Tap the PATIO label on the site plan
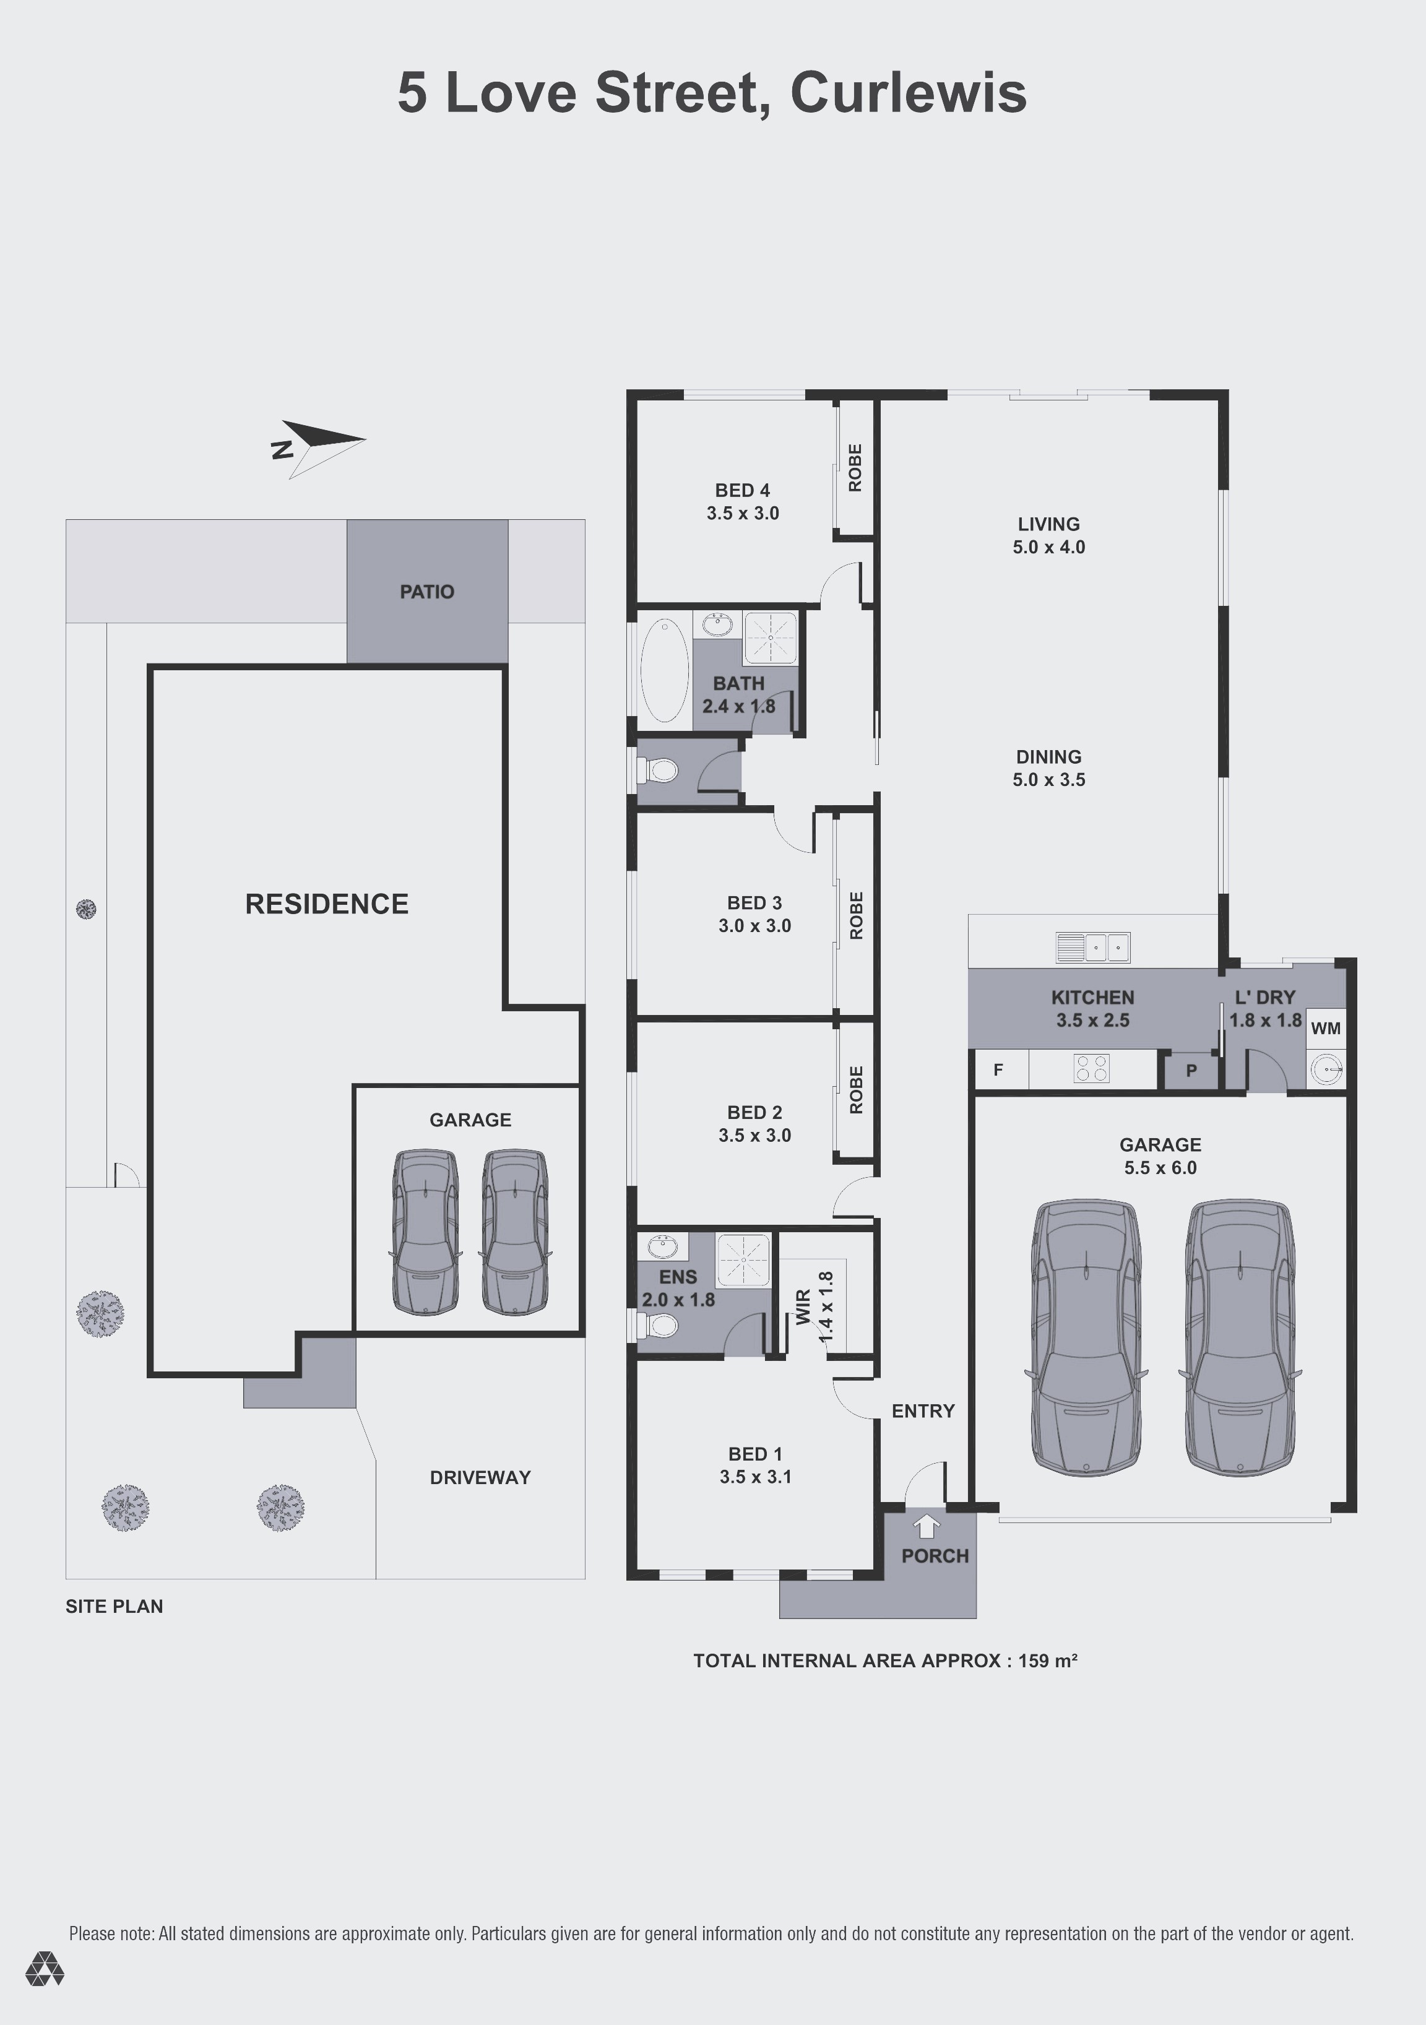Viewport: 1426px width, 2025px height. click(x=427, y=592)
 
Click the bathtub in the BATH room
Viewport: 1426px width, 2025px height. click(x=664, y=670)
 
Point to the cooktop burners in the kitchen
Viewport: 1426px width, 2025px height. click(x=1091, y=1069)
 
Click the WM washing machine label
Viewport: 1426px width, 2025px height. click(x=1326, y=1029)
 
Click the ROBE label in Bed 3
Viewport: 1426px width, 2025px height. click(x=855, y=915)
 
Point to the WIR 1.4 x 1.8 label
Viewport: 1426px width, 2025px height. click(x=814, y=1307)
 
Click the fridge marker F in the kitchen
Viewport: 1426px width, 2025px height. click(x=998, y=1070)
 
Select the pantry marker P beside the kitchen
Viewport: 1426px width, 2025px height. click(x=1191, y=1071)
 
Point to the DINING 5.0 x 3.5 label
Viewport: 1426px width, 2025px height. click(x=1048, y=768)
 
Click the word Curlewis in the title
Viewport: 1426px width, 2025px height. click(x=909, y=93)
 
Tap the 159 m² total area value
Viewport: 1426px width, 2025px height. click(x=1048, y=1660)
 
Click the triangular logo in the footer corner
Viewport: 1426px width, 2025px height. click(x=44, y=1969)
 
